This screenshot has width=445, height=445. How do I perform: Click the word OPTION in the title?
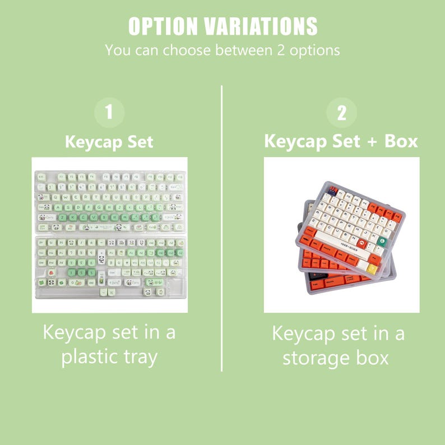click(163, 26)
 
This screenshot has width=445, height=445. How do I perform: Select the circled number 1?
click(109, 112)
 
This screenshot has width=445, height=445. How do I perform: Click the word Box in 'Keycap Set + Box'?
click(401, 141)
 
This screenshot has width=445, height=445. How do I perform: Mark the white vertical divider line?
click(222, 224)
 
